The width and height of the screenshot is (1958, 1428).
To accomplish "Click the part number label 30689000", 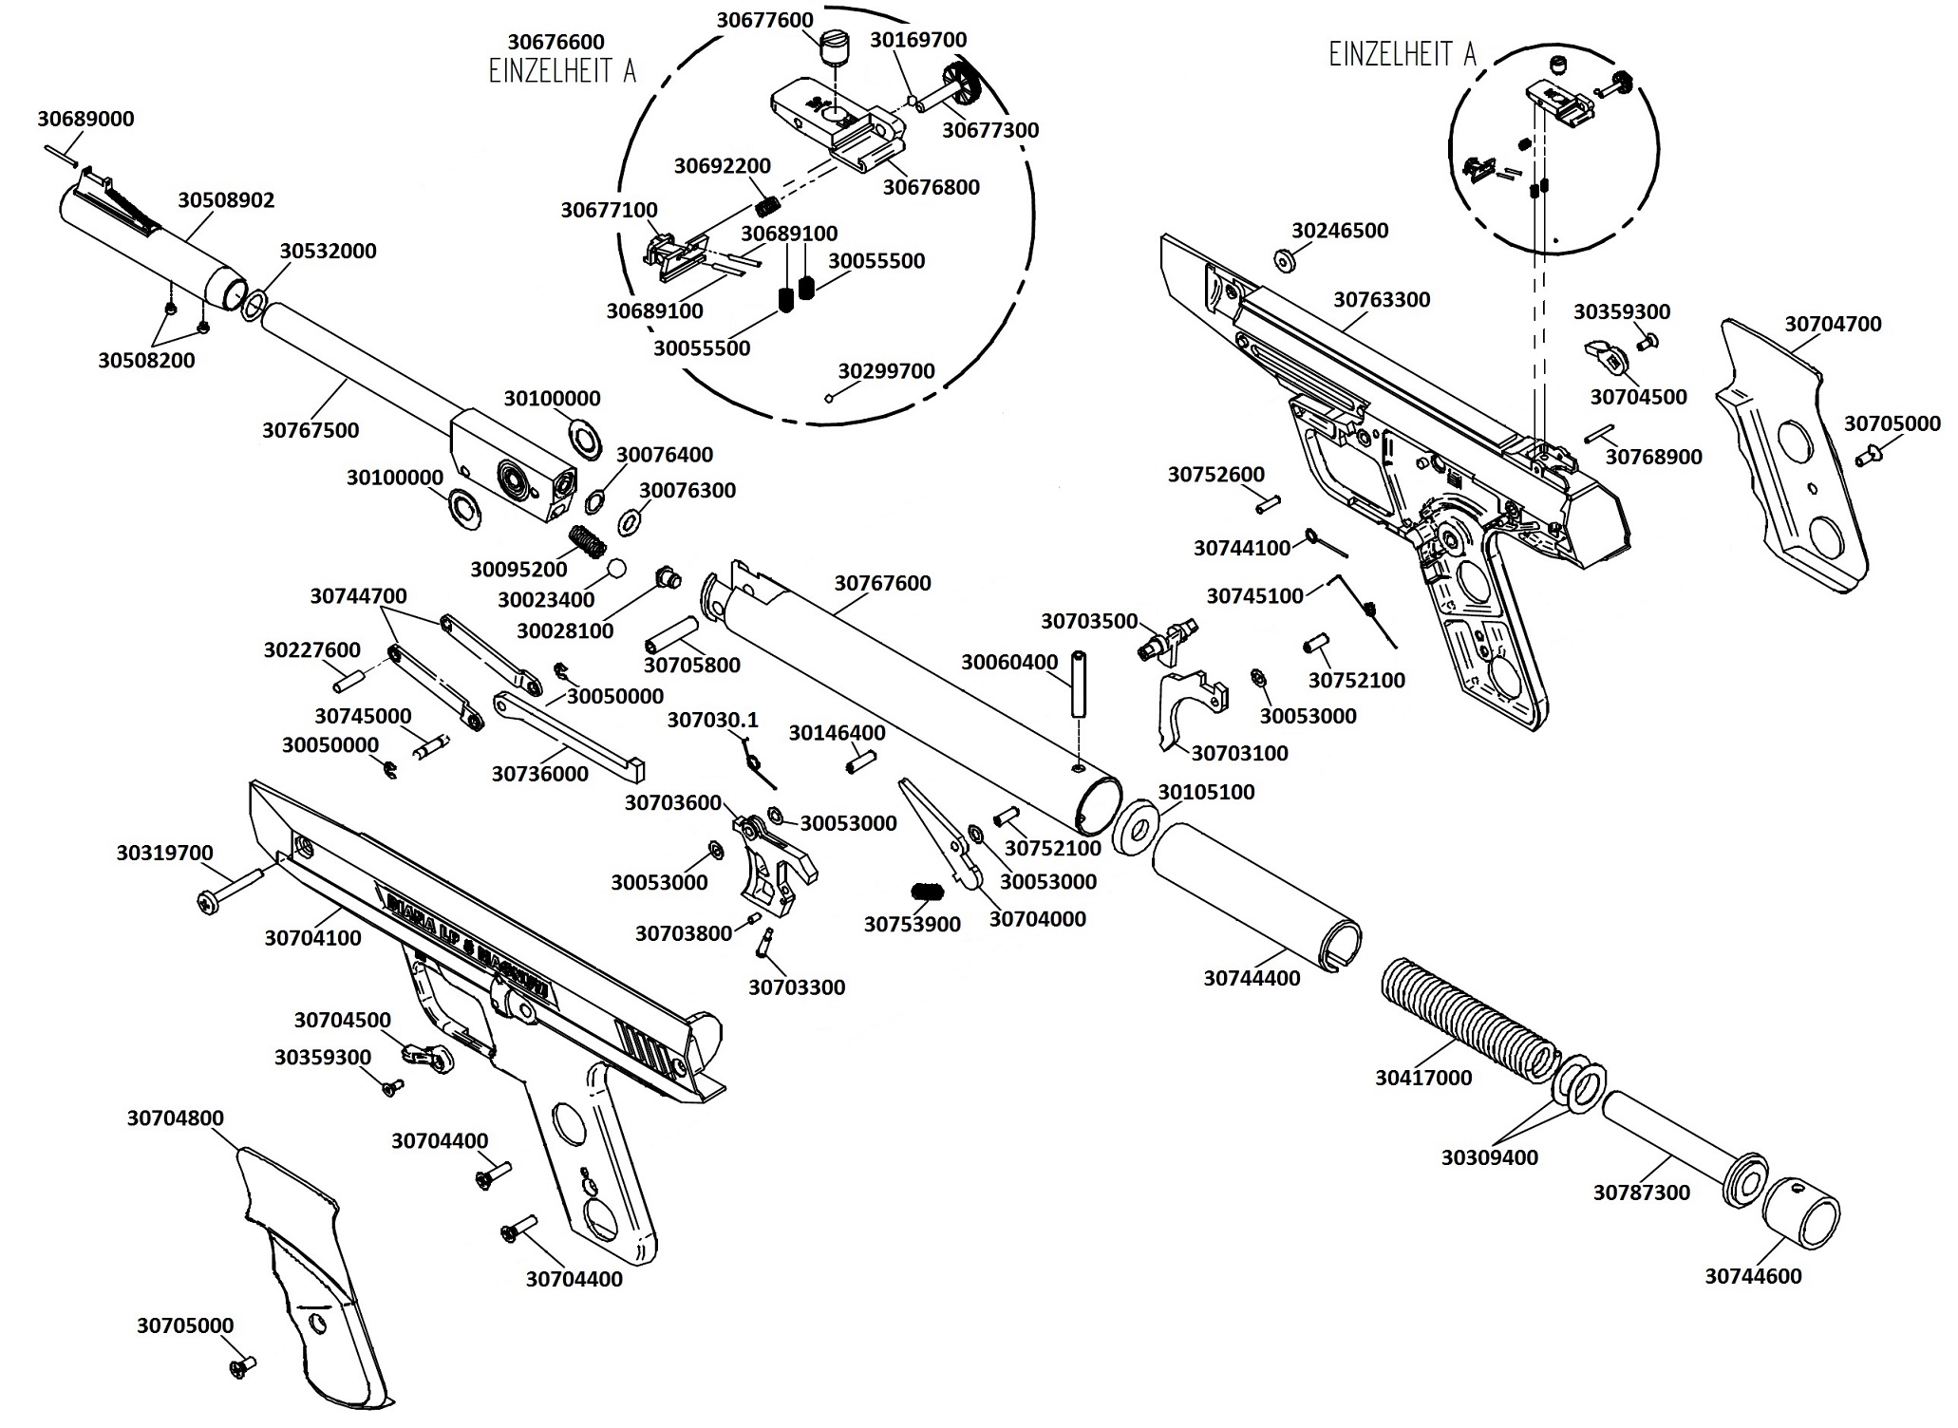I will click(85, 119).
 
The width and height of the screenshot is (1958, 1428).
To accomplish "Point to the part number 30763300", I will click(1382, 300).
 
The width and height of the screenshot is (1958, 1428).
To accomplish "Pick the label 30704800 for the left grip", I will click(176, 1118).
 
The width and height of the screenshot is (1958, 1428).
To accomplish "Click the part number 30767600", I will click(882, 583).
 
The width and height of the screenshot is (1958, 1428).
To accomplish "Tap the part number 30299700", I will click(886, 371).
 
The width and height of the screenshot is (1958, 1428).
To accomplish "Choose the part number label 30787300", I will click(1642, 1193).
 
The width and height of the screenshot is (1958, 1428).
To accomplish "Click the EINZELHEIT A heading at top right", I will click(1403, 55).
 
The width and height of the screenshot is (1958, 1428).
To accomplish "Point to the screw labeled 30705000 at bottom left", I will click(239, 1366).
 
